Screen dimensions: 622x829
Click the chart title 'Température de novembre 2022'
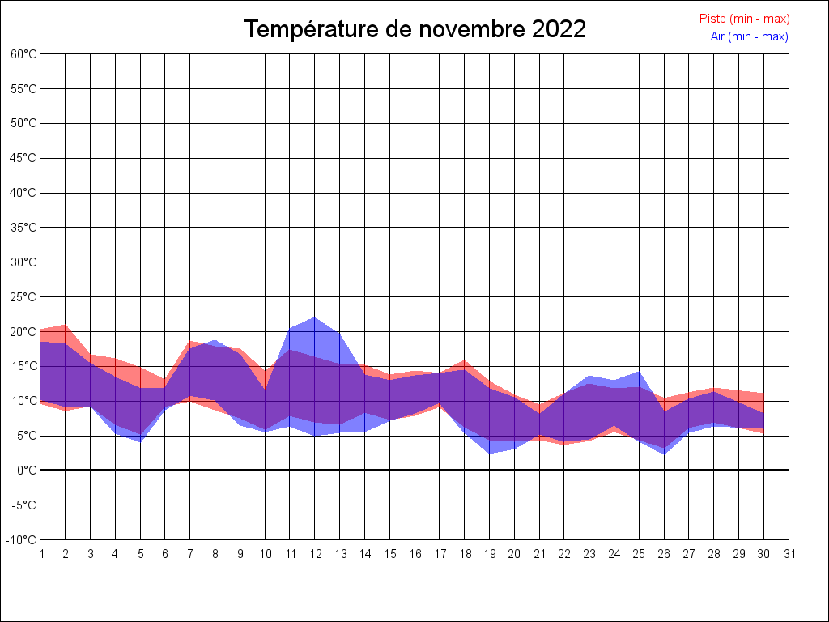(x=414, y=29)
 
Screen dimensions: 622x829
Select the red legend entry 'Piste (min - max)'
(x=744, y=19)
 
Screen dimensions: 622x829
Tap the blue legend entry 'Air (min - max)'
(x=749, y=36)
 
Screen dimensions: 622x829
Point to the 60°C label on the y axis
(x=23, y=54)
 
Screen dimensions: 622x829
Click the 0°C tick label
(x=27, y=471)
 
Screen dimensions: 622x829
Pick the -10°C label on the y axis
(x=22, y=540)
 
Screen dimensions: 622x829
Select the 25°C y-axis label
(x=23, y=297)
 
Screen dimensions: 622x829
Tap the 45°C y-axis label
(x=23, y=158)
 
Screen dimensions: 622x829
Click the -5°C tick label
(x=23, y=505)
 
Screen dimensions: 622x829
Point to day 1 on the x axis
(x=40, y=554)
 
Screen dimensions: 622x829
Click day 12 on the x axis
(x=315, y=554)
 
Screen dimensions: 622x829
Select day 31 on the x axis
(x=789, y=554)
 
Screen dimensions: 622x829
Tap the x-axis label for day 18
(x=465, y=554)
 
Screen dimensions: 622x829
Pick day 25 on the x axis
(x=640, y=554)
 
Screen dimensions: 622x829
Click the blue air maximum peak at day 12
(x=315, y=317)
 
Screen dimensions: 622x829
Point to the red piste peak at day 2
(x=65, y=325)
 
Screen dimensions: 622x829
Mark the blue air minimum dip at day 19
(x=490, y=453)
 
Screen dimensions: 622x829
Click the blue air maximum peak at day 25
(x=640, y=373)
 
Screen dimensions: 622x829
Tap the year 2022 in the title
(x=559, y=29)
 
